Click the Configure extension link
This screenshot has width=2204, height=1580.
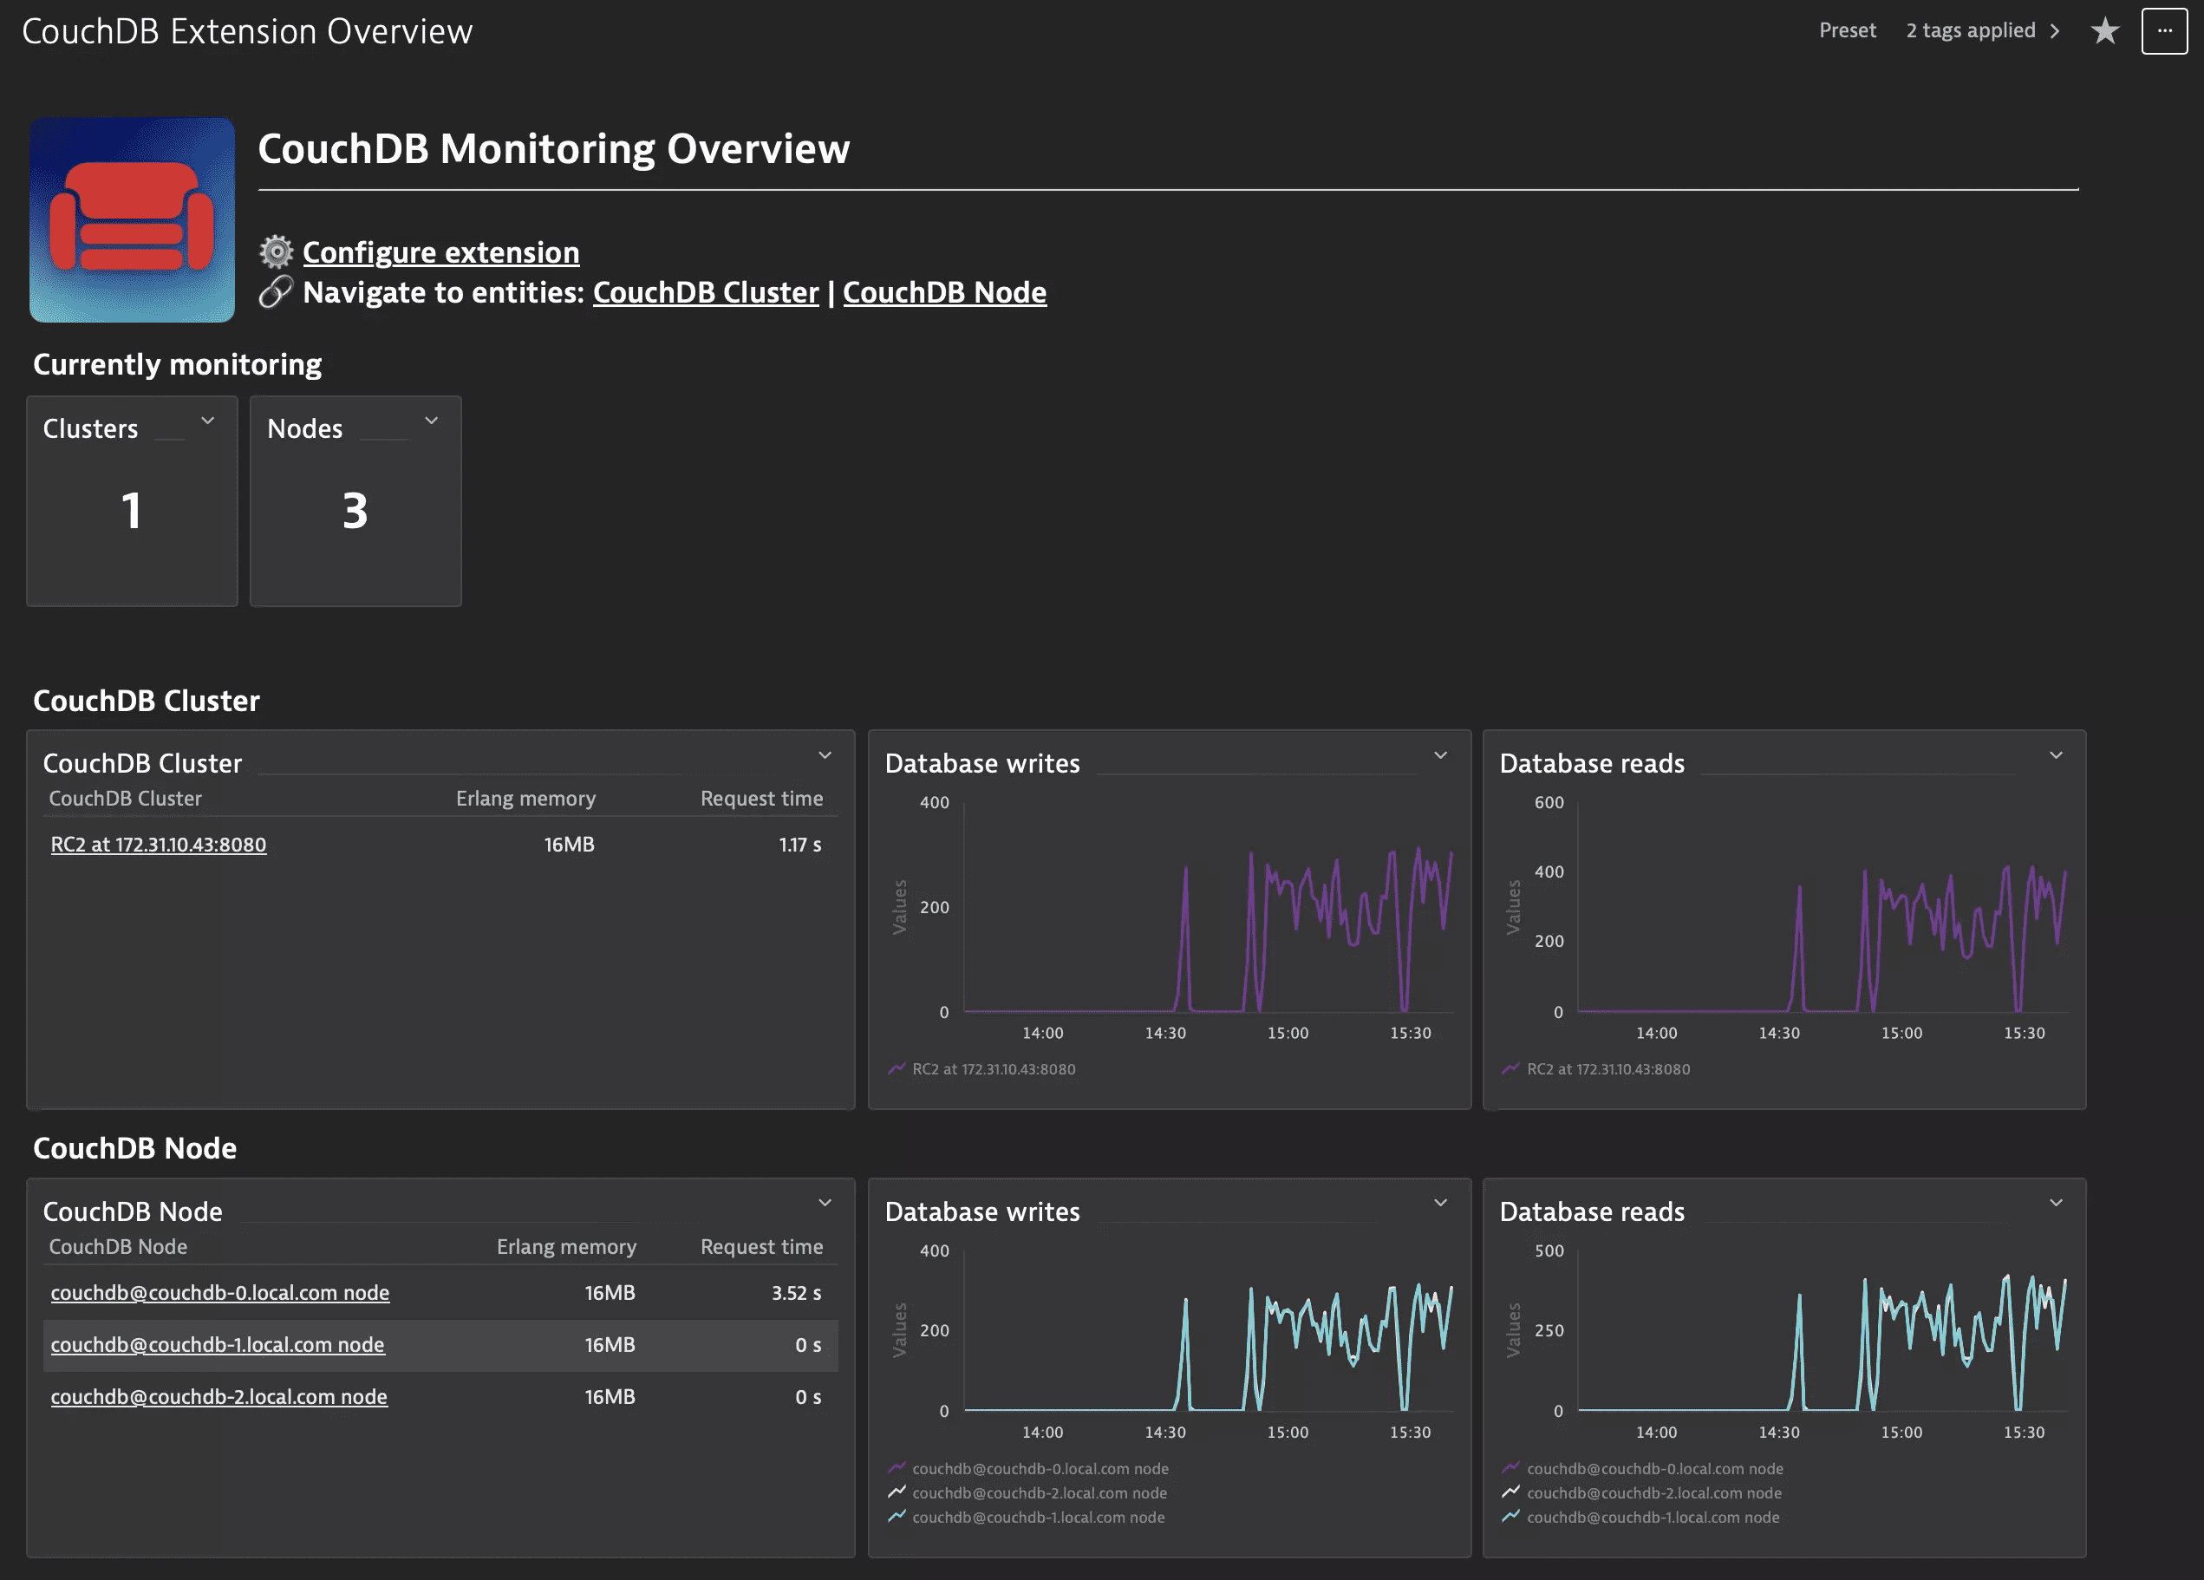point(440,252)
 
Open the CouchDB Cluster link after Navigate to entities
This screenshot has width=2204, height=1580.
point(706,292)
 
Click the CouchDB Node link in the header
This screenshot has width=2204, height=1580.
point(943,292)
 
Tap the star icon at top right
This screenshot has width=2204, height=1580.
point(2104,31)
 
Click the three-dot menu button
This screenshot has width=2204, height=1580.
point(2163,31)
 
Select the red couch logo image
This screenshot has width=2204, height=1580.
point(132,219)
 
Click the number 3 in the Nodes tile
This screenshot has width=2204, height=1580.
point(355,510)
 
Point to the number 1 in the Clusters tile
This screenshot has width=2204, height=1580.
point(131,510)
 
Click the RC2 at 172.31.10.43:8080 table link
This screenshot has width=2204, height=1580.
point(159,845)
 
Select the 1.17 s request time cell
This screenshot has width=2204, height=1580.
point(799,845)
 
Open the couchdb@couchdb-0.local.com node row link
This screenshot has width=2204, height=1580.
point(219,1292)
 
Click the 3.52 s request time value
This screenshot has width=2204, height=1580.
point(795,1292)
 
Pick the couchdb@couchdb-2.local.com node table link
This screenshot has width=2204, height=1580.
point(218,1396)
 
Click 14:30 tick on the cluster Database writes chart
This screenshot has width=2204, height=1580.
point(1164,1033)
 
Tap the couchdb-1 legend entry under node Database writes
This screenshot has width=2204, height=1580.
point(1037,1517)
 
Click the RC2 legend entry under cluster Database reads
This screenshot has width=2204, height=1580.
point(1607,1069)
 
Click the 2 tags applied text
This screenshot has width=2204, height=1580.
point(1970,31)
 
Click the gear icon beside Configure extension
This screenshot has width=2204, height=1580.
point(276,251)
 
